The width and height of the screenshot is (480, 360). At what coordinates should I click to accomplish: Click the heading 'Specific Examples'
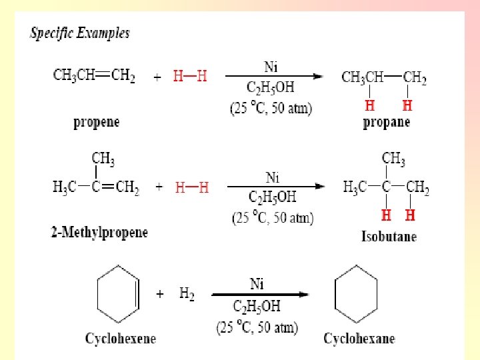(x=80, y=33)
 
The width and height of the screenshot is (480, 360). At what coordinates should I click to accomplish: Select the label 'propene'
(x=97, y=123)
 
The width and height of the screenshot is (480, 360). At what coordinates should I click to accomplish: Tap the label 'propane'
(x=387, y=122)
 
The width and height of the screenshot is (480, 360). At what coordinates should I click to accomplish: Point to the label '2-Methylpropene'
(x=99, y=232)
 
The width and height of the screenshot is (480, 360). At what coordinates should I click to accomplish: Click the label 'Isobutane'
(x=389, y=236)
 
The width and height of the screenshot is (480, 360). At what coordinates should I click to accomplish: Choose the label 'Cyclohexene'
(x=120, y=339)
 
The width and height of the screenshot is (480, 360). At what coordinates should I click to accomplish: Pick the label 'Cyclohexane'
(x=359, y=339)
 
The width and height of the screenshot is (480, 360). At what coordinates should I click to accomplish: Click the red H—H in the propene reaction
(x=190, y=76)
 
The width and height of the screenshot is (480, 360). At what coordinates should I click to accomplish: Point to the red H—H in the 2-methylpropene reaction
(x=192, y=187)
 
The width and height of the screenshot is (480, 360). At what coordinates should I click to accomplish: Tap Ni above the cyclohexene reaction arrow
(x=257, y=285)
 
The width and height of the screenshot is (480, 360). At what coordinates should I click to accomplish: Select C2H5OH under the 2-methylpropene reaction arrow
(x=272, y=197)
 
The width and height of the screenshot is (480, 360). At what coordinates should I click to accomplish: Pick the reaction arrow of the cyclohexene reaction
(x=260, y=295)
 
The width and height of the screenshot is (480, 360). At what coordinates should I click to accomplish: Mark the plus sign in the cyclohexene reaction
(x=160, y=294)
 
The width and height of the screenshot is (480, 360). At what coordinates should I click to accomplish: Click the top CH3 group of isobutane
(x=393, y=159)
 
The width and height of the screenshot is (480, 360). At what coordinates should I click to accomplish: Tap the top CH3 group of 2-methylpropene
(x=103, y=159)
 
